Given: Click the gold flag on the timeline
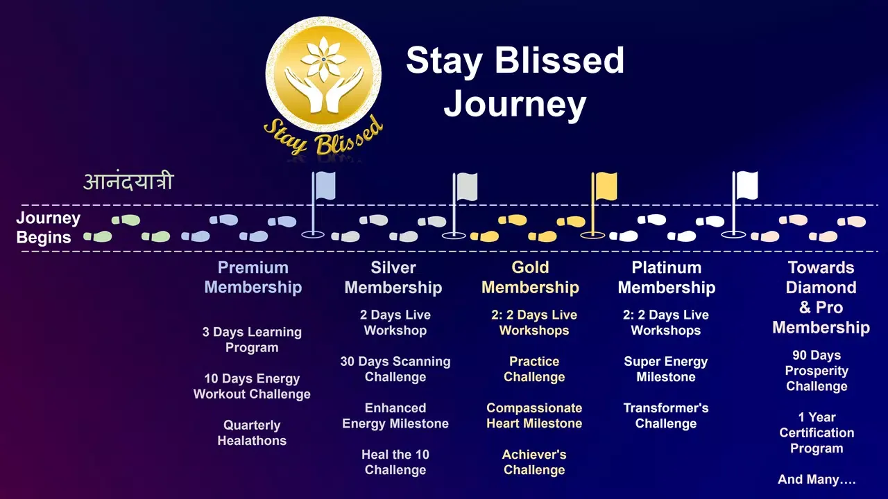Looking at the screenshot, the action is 606,186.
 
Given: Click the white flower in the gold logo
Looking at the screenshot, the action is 323,60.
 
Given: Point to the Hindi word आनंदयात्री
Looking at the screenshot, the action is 128,182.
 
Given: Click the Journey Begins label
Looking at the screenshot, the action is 48,228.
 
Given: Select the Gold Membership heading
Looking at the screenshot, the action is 531,278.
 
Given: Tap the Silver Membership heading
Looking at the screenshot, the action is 393,278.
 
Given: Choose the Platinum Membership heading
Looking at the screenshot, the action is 667,278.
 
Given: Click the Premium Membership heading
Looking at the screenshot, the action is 253,277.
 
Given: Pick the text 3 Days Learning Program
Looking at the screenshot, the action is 252,340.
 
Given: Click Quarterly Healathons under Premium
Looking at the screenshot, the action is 252,433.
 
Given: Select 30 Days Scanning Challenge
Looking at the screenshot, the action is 395,369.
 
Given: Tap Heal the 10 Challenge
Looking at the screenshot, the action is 395,462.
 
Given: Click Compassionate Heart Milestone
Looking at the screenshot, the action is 534,416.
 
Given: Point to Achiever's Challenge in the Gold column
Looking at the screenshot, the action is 534,462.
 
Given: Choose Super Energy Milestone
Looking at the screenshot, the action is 665,369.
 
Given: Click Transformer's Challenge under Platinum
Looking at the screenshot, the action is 665,416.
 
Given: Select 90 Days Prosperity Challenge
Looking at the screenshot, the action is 817,371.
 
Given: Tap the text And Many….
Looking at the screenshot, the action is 817,480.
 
